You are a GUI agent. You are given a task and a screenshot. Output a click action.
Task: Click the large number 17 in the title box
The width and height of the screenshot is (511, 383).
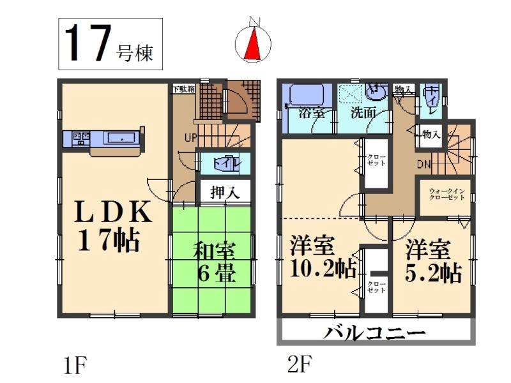click(86, 44)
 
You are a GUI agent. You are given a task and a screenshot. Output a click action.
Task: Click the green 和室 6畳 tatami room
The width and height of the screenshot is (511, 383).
click(214, 262)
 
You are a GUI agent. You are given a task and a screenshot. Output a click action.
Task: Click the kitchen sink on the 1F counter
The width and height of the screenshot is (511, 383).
click(119, 138)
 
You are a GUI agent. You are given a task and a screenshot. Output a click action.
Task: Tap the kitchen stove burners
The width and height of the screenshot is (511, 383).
click(81, 137)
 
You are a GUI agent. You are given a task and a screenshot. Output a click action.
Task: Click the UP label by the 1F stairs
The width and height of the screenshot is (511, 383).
click(190, 137)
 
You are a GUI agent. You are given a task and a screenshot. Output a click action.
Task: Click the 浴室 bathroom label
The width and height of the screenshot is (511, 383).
click(312, 116)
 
